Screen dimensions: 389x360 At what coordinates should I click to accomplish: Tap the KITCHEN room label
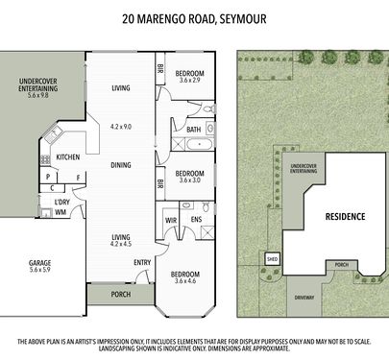click(x=68, y=157)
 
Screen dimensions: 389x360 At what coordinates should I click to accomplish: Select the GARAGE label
click(x=39, y=263)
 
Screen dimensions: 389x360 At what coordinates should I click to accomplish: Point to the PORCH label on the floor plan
click(x=121, y=294)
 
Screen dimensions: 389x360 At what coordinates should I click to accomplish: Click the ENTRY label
click(x=142, y=262)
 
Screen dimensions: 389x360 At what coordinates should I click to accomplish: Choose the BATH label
click(x=194, y=130)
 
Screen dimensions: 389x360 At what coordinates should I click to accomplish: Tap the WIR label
click(x=171, y=221)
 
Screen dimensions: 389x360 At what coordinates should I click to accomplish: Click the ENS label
click(x=196, y=219)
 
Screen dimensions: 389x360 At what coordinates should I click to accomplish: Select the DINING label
click(x=121, y=165)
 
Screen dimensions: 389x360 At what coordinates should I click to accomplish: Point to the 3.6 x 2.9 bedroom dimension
click(x=190, y=81)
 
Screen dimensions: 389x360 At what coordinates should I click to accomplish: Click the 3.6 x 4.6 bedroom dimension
click(x=185, y=281)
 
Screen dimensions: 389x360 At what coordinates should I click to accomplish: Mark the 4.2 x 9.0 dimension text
click(x=121, y=127)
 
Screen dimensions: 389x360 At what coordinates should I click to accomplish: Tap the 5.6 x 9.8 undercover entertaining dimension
click(x=38, y=95)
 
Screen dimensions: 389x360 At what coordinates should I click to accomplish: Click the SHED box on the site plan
click(x=272, y=259)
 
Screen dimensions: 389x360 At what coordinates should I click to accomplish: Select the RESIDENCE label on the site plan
click(x=345, y=217)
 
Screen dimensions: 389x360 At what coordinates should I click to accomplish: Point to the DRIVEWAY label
click(x=304, y=298)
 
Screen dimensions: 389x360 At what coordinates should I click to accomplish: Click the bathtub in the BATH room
click(x=199, y=145)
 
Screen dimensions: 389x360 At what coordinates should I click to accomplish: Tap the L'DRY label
click(x=62, y=203)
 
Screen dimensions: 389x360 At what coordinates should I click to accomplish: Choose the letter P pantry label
click(x=48, y=177)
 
